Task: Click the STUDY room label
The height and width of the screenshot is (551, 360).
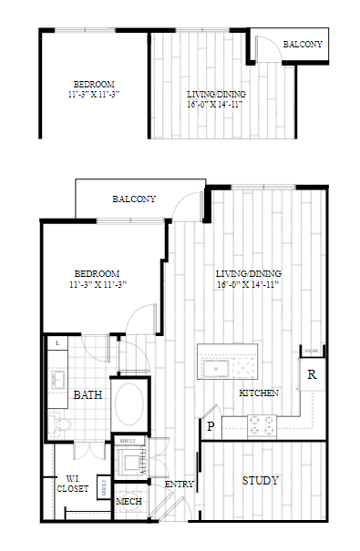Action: pyautogui.click(x=260, y=480)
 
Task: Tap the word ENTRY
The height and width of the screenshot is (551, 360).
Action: pyautogui.click(x=179, y=485)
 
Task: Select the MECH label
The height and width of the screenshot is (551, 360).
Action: pyautogui.click(x=128, y=502)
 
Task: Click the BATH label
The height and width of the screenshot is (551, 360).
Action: pyautogui.click(x=87, y=395)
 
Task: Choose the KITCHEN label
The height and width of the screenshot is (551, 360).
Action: pyautogui.click(x=258, y=393)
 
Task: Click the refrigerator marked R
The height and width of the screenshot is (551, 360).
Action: pyautogui.click(x=312, y=374)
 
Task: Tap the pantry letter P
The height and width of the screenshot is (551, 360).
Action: pyautogui.click(x=211, y=424)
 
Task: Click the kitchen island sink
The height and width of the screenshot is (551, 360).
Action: pyautogui.click(x=217, y=368)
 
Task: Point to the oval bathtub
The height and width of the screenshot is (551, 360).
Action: pyautogui.click(x=129, y=403)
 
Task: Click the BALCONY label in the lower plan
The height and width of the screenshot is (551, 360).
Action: pyautogui.click(x=134, y=199)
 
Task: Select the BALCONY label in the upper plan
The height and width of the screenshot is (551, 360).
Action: pyautogui.click(x=302, y=45)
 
